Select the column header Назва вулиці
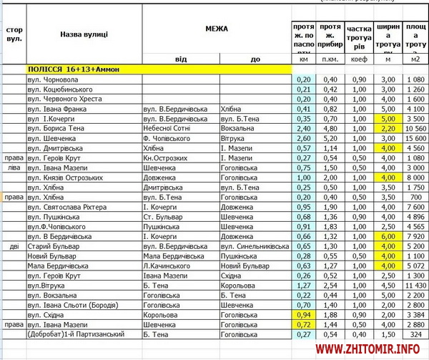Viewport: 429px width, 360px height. point(84,34)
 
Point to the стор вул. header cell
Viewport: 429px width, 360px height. point(13,34)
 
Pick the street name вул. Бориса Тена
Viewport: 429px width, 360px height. point(56,128)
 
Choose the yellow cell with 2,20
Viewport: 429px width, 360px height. point(388,128)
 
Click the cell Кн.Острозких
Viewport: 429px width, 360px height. point(167,157)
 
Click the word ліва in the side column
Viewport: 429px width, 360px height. point(13,167)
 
